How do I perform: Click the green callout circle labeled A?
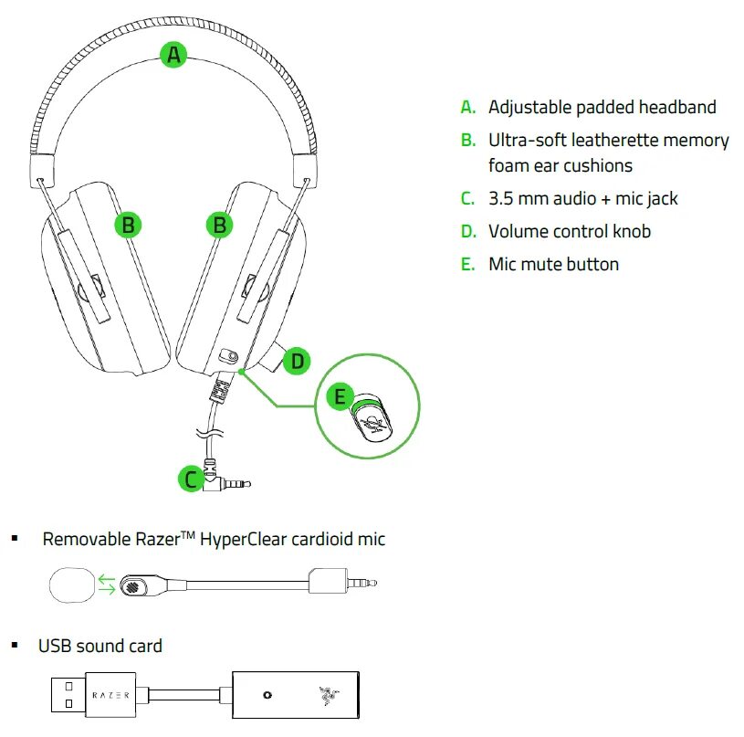pos(173,55)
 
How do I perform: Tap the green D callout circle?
pos(297,361)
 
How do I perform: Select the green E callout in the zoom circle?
pos(340,396)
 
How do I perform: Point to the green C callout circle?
pos(190,479)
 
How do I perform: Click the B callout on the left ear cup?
pos(129,224)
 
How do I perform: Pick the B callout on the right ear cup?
pos(219,224)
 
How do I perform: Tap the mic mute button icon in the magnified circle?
pos(371,421)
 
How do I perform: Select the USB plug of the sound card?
pos(68,695)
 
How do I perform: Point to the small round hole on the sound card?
pos(267,695)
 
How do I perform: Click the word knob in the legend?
pos(630,231)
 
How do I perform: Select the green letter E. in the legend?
pos(468,265)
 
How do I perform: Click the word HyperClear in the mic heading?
pos(242,539)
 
